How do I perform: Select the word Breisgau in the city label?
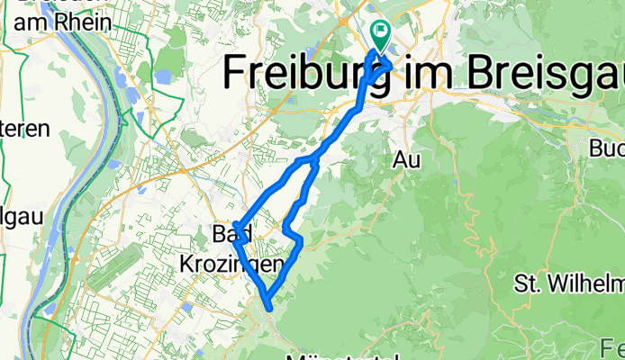pos(539,71)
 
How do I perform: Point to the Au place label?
pos(408,159)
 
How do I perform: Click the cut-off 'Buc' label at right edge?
pos(608,147)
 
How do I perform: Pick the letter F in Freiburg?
pos(236,71)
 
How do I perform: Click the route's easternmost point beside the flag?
pos(390,66)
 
